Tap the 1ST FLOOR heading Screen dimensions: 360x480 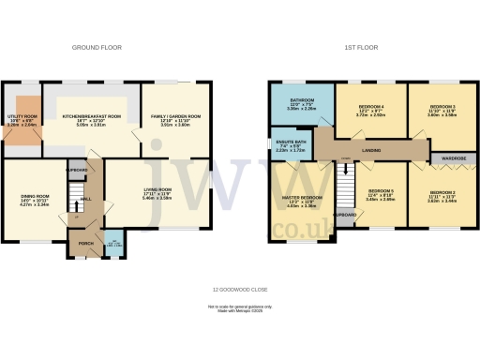coord(363,46)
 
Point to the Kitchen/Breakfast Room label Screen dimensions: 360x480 coord(92,116)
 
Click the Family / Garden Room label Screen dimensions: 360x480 coord(171,116)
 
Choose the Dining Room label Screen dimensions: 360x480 coord(35,196)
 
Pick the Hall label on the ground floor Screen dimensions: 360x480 coord(84,199)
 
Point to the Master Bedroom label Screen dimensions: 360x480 coord(302,198)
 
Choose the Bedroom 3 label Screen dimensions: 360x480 coord(442,108)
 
